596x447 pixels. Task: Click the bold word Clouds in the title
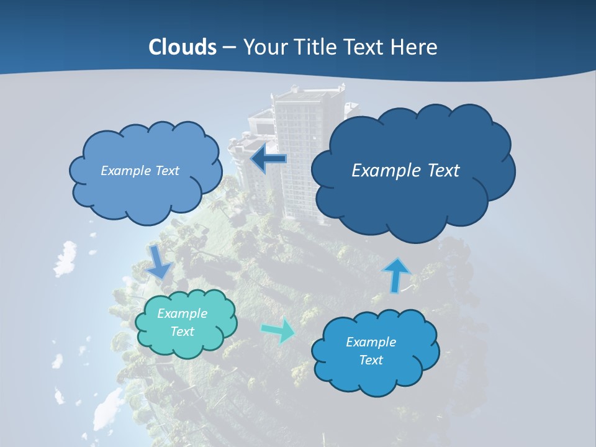(x=183, y=47)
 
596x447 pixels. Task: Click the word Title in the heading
(x=314, y=47)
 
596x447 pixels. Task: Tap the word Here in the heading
(x=415, y=47)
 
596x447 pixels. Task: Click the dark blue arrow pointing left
(x=268, y=159)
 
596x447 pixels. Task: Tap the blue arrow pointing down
(x=159, y=261)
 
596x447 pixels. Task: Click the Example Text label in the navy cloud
(x=405, y=171)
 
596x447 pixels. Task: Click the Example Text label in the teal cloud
(x=183, y=322)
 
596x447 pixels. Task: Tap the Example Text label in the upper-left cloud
(x=140, y=171)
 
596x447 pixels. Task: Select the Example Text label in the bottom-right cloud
(x=371, y=351)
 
